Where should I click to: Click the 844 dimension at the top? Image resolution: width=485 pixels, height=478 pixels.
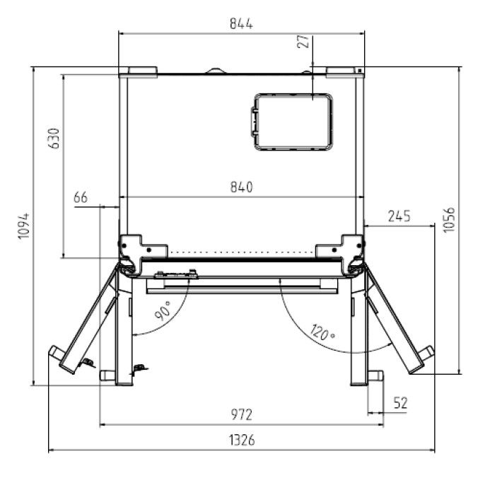pyautogui.click(x=241, y=23)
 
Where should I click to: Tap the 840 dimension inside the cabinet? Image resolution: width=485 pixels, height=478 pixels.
pyautogui.click(x=241, y=187)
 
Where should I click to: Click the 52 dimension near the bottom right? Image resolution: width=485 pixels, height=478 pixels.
pyautogui.click(x=400, y=403)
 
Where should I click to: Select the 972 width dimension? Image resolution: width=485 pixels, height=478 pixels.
pyautogui.click(x=241, y=414)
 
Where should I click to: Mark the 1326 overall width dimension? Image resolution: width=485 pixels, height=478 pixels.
pyautogui.click(x=241, y=441)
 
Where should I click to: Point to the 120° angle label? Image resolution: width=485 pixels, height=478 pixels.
pyautogui.click(x=324, y=330)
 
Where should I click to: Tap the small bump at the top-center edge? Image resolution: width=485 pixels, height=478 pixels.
pyautogui.click(x=216, y=71)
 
